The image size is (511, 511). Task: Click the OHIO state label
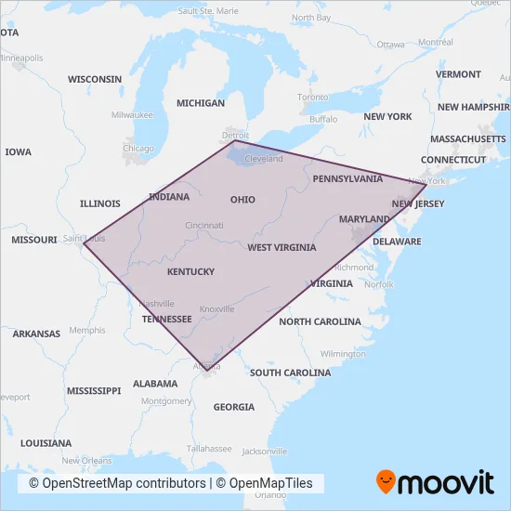242,200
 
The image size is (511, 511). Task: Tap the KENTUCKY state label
190,272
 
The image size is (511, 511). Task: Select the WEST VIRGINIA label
282,248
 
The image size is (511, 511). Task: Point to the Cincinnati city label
204,226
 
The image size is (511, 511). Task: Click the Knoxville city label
216,309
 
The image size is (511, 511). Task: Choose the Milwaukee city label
132,115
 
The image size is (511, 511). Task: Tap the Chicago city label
138,149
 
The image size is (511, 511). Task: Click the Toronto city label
313,98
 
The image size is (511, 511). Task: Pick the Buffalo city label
323,120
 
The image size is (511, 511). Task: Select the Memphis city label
87,330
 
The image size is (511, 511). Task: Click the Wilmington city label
342,354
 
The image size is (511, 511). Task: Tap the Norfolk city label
378,284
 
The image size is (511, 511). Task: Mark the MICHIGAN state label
201,103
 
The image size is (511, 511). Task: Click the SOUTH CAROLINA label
290,373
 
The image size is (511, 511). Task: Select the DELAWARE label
397,242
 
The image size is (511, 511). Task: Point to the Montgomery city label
166,400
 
